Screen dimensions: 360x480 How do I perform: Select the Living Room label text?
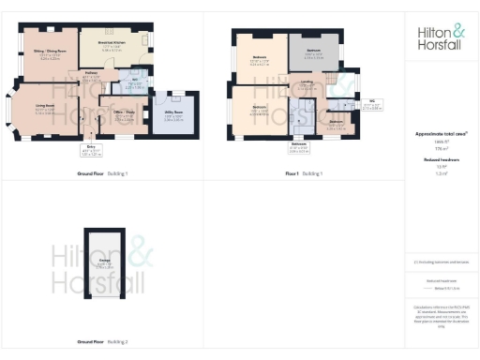click(x=44, y=111)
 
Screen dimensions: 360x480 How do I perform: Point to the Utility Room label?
click(x=174, y=119)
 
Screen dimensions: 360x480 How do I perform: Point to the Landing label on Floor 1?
click(x=307, y=82)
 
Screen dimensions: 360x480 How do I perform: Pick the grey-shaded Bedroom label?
click(x=314, y=52)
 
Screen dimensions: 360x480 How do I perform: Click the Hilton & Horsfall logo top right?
click(x=441, y=37)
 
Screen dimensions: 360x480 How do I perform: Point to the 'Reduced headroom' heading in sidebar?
click(x=441, y=160)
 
